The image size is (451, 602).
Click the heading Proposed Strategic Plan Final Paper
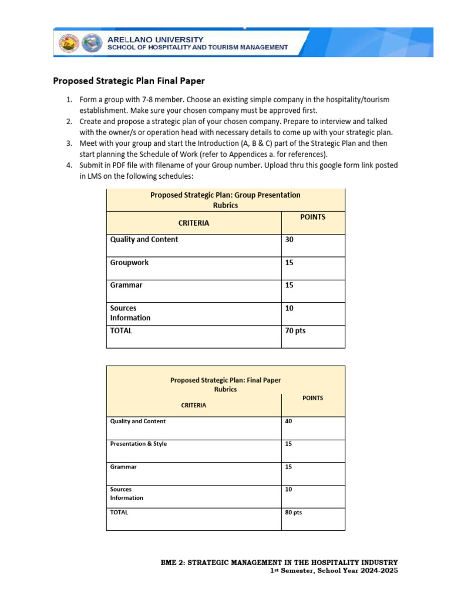point(129,81)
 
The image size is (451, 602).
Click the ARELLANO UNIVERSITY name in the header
point(156,38)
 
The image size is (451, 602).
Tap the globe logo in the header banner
point(91,43)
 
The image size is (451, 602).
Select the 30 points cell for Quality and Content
point(289,240)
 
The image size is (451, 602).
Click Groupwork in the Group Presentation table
point(129,263)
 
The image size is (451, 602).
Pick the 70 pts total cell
point(295,331)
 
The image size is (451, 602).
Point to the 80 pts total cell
point(294,513)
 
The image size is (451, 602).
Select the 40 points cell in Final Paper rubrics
point(288,422)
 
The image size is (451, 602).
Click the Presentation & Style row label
point(139,444)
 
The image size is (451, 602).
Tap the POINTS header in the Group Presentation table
point(312,217)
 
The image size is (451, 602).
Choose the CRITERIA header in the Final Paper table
point(193,406)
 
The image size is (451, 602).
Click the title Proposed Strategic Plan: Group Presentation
point(225,195)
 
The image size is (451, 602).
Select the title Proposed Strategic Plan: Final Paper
point(225,380)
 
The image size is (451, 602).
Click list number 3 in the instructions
point(69,143)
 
